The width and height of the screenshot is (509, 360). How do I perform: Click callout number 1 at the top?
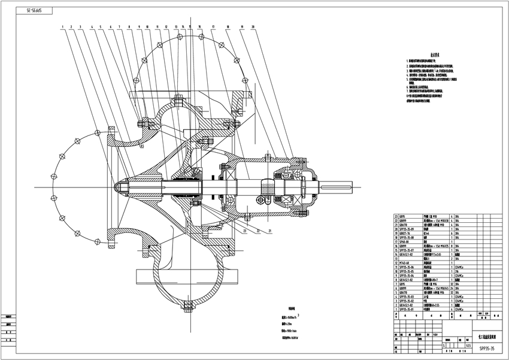pyautogui.click(x=62, y=27)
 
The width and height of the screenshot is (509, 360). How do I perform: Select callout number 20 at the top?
pyautogui.click(x=253, y=27)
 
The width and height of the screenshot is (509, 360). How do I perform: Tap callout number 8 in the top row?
pyautogui.click(x=129, y=27)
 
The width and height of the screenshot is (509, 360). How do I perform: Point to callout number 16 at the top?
pyautogui.click(x=198, y=27)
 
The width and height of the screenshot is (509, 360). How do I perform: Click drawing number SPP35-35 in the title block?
pyautogui.click(x=483, y=346)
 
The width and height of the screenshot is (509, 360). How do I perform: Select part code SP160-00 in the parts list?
pyautogui.click(x=407, y=242)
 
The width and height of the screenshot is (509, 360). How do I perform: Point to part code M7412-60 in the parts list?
pyautogui.click(x=407, y=262)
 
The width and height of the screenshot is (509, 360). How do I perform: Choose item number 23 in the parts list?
pyautogui.click(x=395, y=214)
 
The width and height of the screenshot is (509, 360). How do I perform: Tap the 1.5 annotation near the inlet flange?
pyautogui.click(x=143, y=146)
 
